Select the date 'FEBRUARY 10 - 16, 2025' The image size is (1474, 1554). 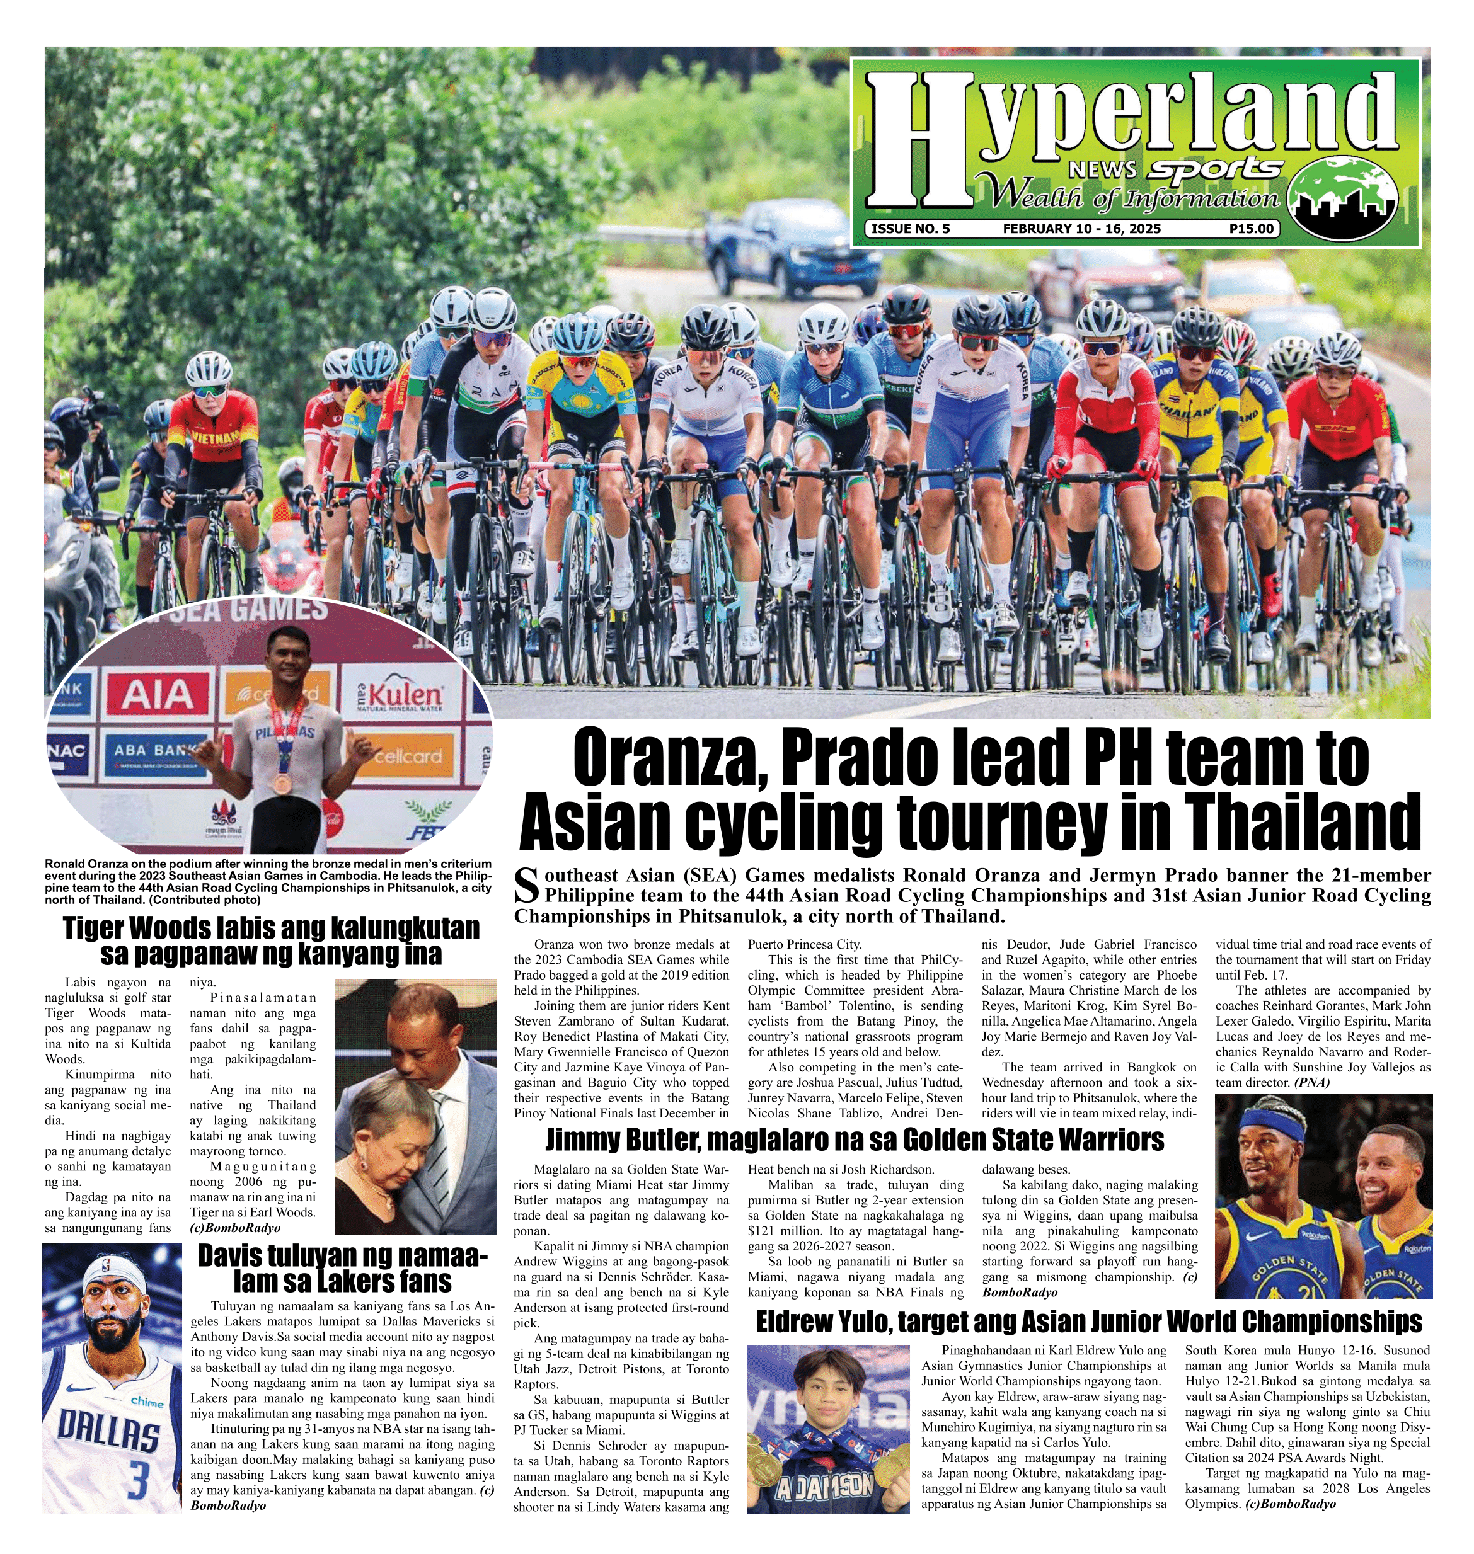point(1082,229)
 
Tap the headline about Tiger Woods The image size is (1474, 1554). point(270,940)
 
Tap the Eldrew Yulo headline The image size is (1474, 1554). point(1088,1322)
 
